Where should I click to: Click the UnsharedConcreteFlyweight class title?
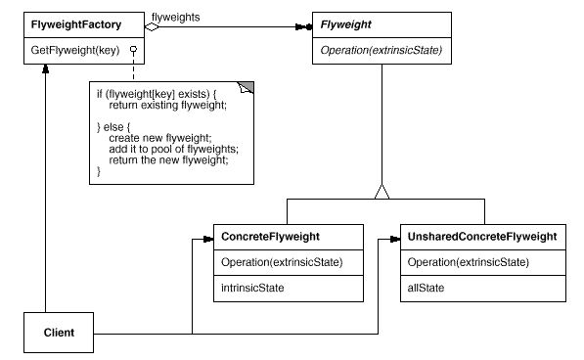tap(482, 237)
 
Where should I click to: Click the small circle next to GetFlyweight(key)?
tap(129, 48)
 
